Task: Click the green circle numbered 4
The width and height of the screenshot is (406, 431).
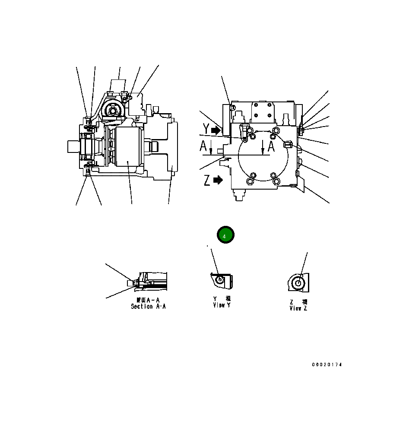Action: coord(225,235)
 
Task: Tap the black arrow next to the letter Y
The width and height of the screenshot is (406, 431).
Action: coord(216,129)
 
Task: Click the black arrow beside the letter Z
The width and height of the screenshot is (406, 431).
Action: coord(218,180)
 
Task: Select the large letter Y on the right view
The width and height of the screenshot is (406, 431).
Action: coord(206,129)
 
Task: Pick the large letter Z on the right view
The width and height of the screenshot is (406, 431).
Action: coord(207,180)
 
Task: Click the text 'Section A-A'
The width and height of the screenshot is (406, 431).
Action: coord(148,307)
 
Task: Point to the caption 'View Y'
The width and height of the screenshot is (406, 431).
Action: coord(222,305)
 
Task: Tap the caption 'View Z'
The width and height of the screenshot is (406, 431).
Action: coord(298,308)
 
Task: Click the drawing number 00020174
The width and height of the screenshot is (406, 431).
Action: coord(327,365)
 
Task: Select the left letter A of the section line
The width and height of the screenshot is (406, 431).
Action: coord(203,147)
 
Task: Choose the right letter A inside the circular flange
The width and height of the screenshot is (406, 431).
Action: coord(271,146)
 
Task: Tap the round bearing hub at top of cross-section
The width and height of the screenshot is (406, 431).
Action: coord(114,111)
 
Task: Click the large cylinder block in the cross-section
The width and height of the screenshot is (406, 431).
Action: coord(129,147)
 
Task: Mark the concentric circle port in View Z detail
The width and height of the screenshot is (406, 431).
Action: coord(298,283)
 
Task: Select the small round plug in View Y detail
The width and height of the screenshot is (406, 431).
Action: coord(220,279)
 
